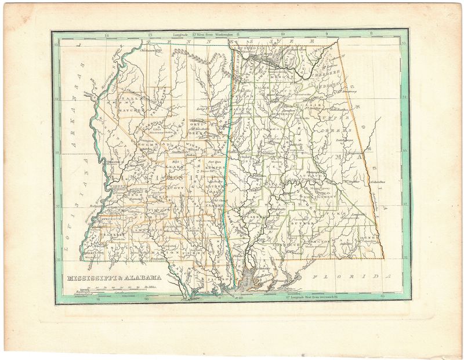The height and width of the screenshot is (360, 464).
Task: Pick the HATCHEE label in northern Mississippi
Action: pos(127,108)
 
